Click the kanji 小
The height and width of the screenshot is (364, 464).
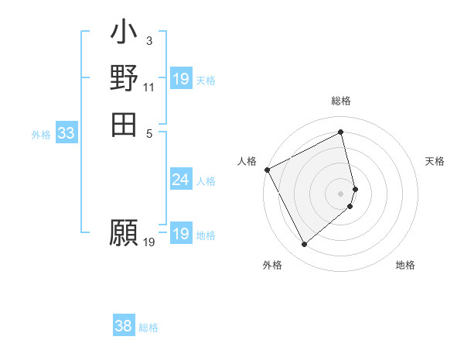pos(124,35)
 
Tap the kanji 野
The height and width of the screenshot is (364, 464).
pos(124,79)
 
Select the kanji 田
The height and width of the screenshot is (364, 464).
pos(124,124)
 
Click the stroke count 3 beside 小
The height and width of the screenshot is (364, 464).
pos(148,39)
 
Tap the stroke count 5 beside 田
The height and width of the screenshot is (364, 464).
pos(148,132)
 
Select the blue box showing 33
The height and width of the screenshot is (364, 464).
pos(67,134)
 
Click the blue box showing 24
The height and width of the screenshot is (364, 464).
pos(180,180)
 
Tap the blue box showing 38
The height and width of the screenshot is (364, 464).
pos(123,327)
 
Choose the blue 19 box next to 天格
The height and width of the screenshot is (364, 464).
pos(180,79)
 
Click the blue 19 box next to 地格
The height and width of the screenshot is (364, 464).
pos(180,234)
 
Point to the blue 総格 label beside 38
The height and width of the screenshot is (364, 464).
pos(148,328)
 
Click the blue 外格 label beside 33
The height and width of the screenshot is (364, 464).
pos(41,135)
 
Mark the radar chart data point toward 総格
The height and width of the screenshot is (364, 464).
pos(341,132)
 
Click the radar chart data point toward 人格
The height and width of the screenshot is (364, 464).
pos(267,170)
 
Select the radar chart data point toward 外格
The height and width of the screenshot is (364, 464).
pos(304,245)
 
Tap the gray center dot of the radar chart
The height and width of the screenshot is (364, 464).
pos(341,193)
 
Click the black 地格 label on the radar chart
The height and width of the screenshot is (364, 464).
pos(405,265)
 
